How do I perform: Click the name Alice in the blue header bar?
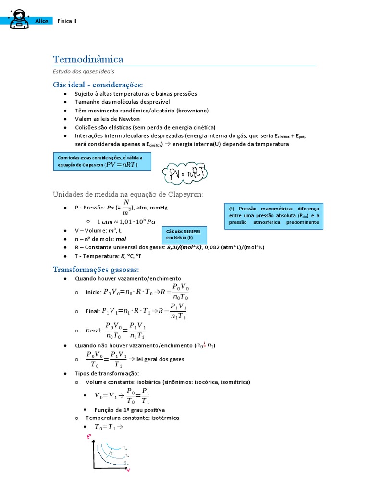(42, 21)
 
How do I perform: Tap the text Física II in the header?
(67, 21)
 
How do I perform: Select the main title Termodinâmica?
(88, 60)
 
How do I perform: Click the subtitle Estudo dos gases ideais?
(83, 72)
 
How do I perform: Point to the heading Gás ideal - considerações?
(98, 85)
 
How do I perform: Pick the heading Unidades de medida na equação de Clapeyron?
(128, 194)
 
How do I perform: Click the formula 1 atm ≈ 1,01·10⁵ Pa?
(126, 221)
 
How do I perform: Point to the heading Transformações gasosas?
(96, 270)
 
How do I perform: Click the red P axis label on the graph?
(89, 437)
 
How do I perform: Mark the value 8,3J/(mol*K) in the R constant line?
(184, 247)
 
